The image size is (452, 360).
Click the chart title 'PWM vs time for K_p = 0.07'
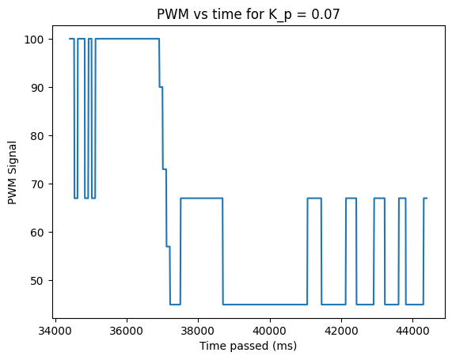point(249,14)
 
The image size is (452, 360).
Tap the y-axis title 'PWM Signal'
point(12,172)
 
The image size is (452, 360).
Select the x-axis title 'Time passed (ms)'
point(249,346)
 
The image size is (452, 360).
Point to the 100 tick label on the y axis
point(34,40)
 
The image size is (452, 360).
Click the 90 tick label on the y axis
point(37,88)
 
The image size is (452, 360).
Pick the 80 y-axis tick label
point(37,136)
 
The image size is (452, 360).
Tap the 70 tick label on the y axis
point(37,184)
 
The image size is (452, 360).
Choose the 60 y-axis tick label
point(37,233)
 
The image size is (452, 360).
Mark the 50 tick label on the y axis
point(37,281)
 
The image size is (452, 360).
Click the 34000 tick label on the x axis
point(55,331)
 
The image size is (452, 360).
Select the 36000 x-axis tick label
point(127,331)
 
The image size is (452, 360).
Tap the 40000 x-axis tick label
point(270,331)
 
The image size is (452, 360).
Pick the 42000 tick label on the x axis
point(341,331)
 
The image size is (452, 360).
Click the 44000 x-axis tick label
point(412,331)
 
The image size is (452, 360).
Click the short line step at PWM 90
point(161,87)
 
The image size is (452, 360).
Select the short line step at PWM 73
point(165,169)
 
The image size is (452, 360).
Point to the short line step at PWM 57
point(169,246)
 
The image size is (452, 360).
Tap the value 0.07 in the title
point(325,13)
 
